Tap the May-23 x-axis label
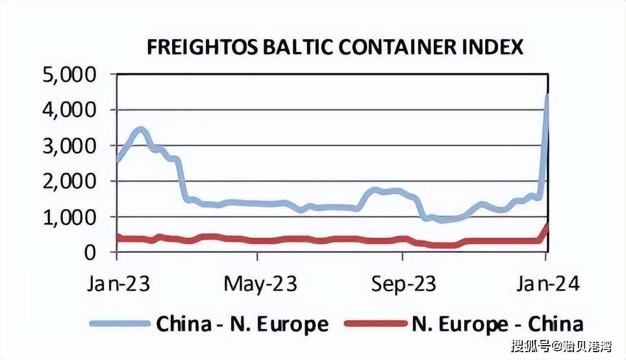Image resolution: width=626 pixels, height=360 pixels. point(260,285)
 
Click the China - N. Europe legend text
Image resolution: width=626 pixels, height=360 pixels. point(242,323)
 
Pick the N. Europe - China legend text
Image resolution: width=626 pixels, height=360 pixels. point(497,323)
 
